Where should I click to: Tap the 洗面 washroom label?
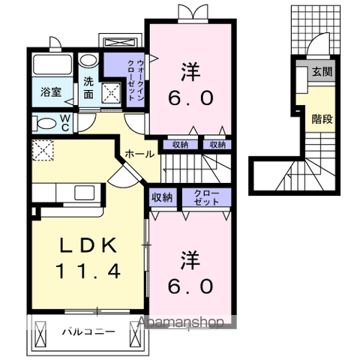click(x=88, y=89)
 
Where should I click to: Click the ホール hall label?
click(x=139, y=154)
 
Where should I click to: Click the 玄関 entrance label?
click(x=322, y=72)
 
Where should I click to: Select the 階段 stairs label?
click(x=322, y=118)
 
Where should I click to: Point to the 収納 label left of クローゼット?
click(x=161, y=198)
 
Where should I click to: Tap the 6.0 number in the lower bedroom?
click(x=190, y=286)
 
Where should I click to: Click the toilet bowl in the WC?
click(x=41, y=122)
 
